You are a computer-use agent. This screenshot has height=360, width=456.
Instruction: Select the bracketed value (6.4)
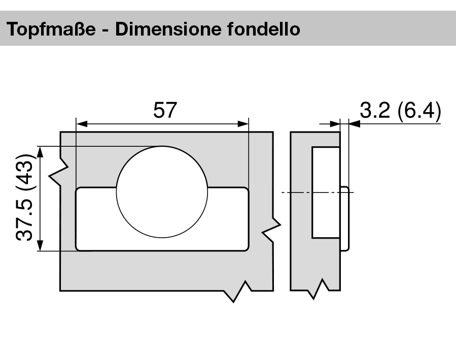pyautogui.click(x=419, y=110)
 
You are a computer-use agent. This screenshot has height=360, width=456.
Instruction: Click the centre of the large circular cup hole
pyautogui.click(x=162, y=192)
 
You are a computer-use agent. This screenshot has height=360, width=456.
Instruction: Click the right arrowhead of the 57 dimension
pyautogui.click(x=244, y=123)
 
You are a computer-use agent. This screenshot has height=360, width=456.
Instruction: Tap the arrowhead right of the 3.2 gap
pyautogui.click(x=354, y=123)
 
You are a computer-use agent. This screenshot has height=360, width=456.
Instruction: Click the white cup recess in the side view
pyautogui.click(x=325, y=193)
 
